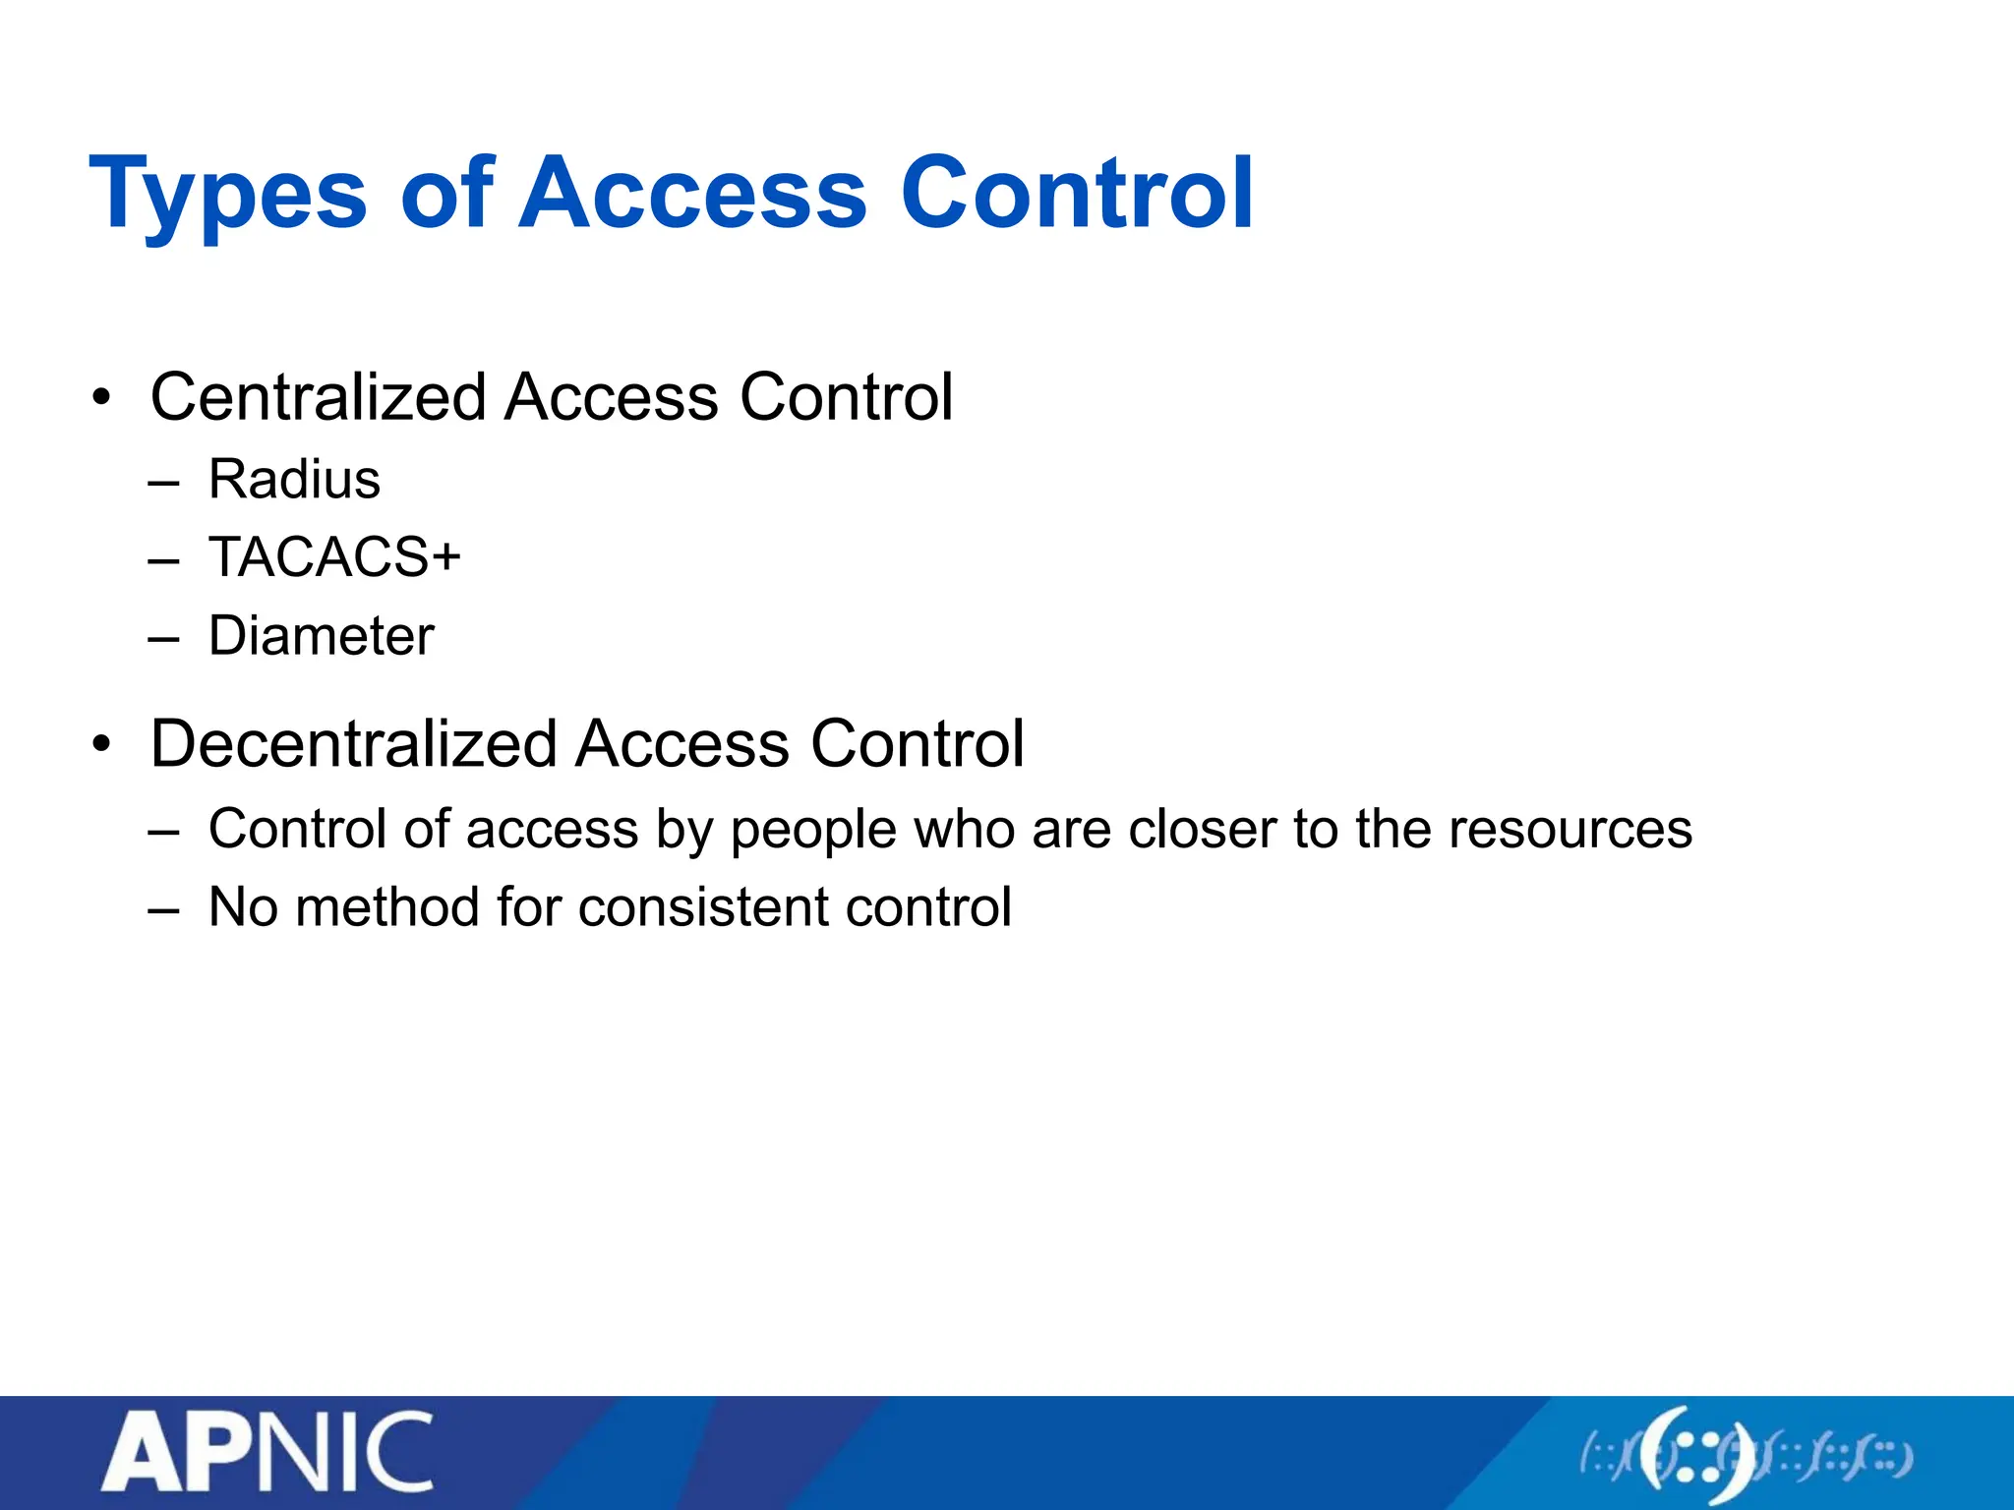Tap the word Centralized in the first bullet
coord(318,397)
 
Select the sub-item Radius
coord(294,480)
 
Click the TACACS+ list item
coord(334,557)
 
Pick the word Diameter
coord(321,635)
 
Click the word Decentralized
coord(354,743)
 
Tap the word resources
coord(1570,829)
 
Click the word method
coord(387,906)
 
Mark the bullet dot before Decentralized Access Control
coord(101,745)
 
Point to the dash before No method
coord(164,910)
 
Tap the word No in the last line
coord(243,906)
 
